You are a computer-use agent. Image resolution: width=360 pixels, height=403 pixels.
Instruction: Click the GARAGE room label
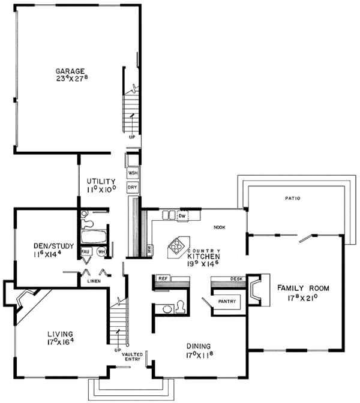[x=70, y=71]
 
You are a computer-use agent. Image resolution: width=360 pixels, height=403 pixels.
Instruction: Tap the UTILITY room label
[x=100, y=181]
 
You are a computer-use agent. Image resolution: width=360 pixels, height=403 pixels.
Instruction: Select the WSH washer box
[x=133, y=173]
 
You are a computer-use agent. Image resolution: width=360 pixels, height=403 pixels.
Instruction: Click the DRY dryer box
[x=133, y=188]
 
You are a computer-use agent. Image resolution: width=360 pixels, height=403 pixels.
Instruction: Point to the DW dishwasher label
[x=182, y=215]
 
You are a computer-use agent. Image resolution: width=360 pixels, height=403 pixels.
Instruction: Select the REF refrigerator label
[x=162, y=279]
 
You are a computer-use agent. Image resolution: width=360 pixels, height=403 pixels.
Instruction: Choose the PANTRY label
[x=227, y=301]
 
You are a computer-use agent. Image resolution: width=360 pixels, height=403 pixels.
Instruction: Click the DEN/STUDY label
[x=41, y=246]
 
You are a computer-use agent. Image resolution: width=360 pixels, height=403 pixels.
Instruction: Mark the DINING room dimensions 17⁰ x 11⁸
[x=197, y=355]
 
